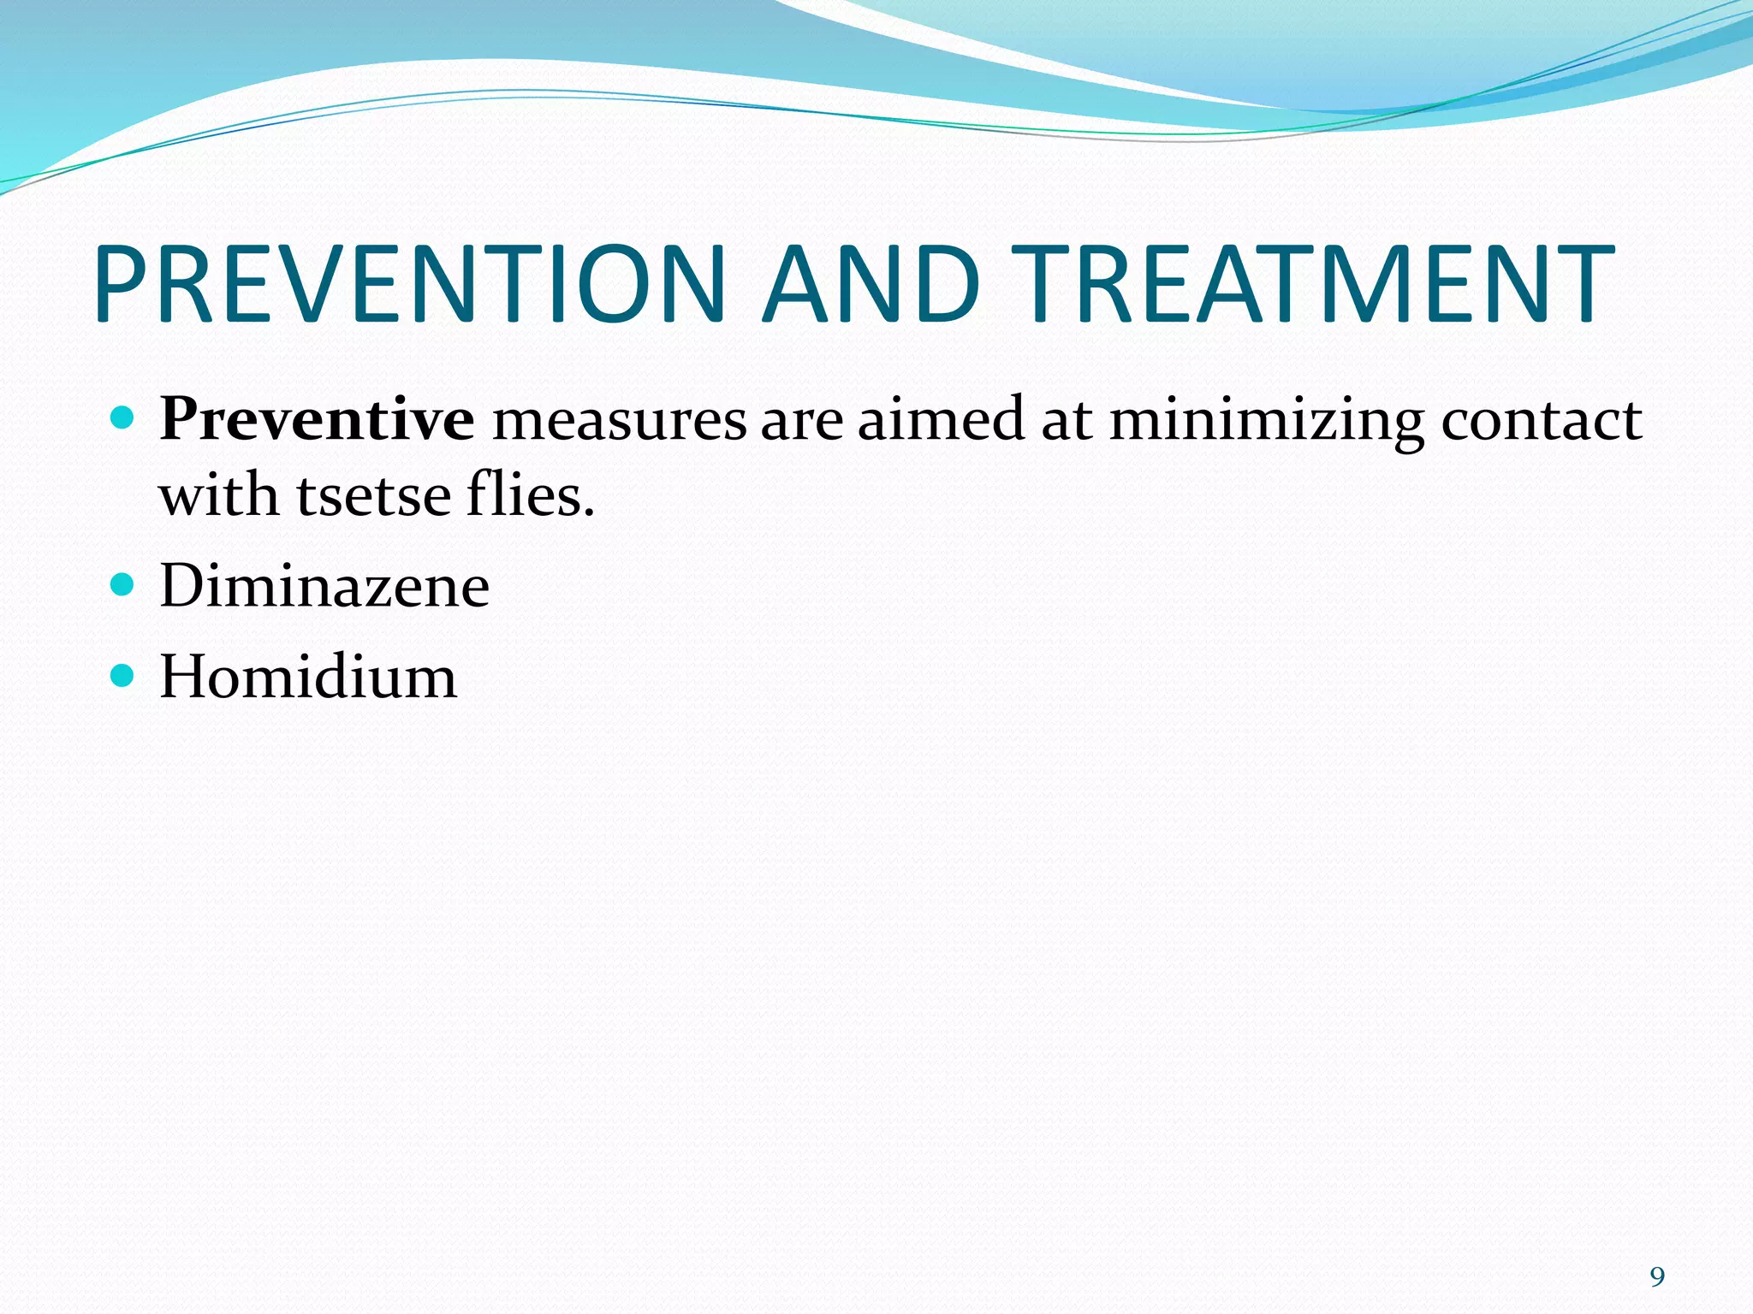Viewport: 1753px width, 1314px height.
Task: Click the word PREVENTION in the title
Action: (411, 284)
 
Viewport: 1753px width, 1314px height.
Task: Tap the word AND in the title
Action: (871, 284)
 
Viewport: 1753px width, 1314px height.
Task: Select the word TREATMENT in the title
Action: (1315, 284)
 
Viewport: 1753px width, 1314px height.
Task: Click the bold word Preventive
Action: (317, 420)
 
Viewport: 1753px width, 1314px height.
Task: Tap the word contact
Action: (1541, 420)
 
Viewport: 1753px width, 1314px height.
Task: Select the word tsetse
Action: (373, 497)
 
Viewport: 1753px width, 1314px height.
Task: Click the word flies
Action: (530, 495)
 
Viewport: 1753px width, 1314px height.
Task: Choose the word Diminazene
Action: (324, 587)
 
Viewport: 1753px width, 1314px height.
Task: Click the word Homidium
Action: (308, 678)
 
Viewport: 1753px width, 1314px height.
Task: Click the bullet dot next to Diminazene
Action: (124, 585)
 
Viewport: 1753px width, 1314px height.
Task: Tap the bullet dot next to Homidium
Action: (124, 676)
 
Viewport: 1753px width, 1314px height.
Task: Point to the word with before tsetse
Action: (219, 495)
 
